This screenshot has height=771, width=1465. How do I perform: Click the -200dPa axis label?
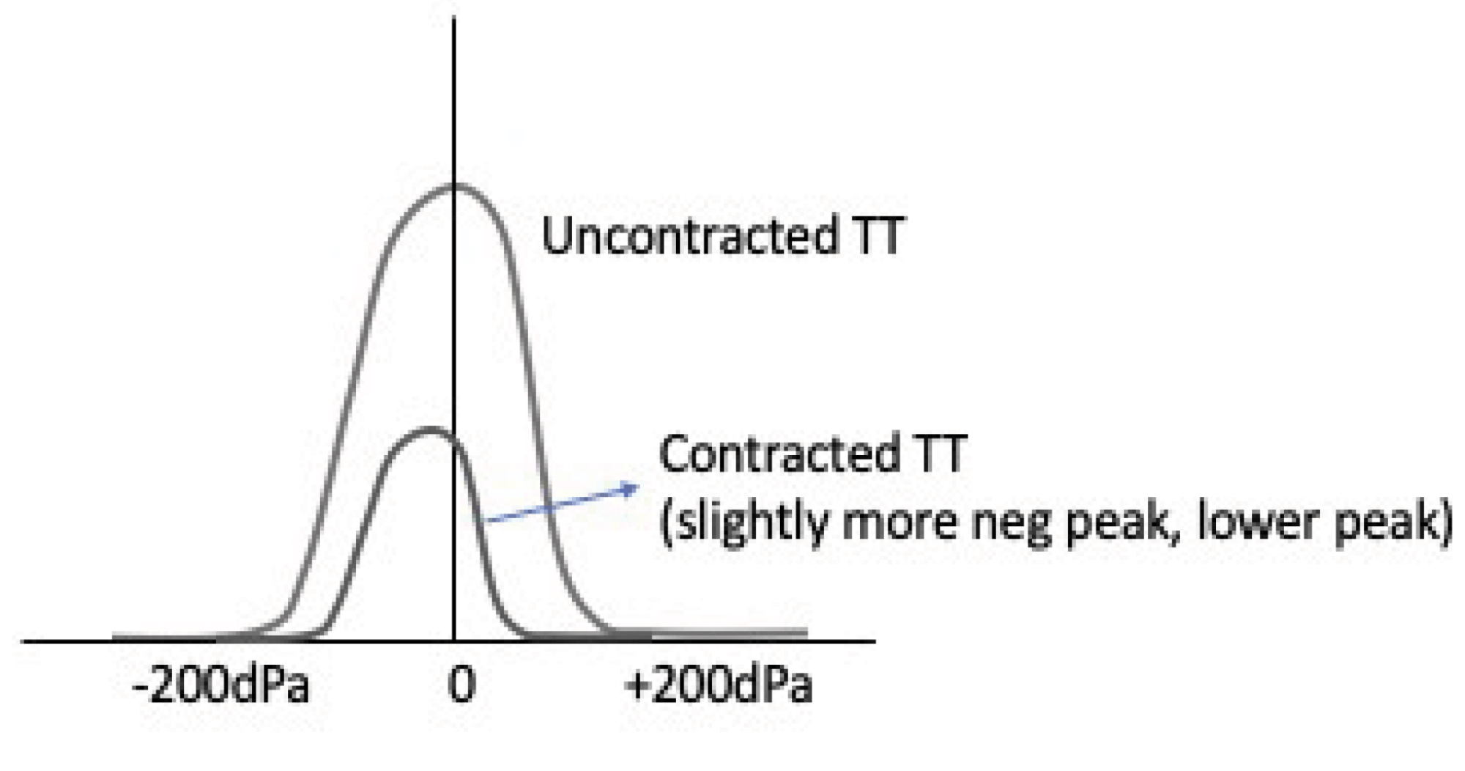(220, 687)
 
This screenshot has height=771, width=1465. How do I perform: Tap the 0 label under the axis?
(460, 687)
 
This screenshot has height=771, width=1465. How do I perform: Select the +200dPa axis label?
(719, 687)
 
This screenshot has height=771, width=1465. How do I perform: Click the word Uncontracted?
(689, 236)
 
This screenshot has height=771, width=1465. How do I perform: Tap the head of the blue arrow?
(636, 487)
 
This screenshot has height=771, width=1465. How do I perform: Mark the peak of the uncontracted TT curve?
(454, 185)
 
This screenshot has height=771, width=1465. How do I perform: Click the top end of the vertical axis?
(454, 19)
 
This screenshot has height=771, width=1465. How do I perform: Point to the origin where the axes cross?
(454, 641)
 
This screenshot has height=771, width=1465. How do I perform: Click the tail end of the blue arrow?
(485, 520)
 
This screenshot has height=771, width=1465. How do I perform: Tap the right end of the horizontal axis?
(874, 641)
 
